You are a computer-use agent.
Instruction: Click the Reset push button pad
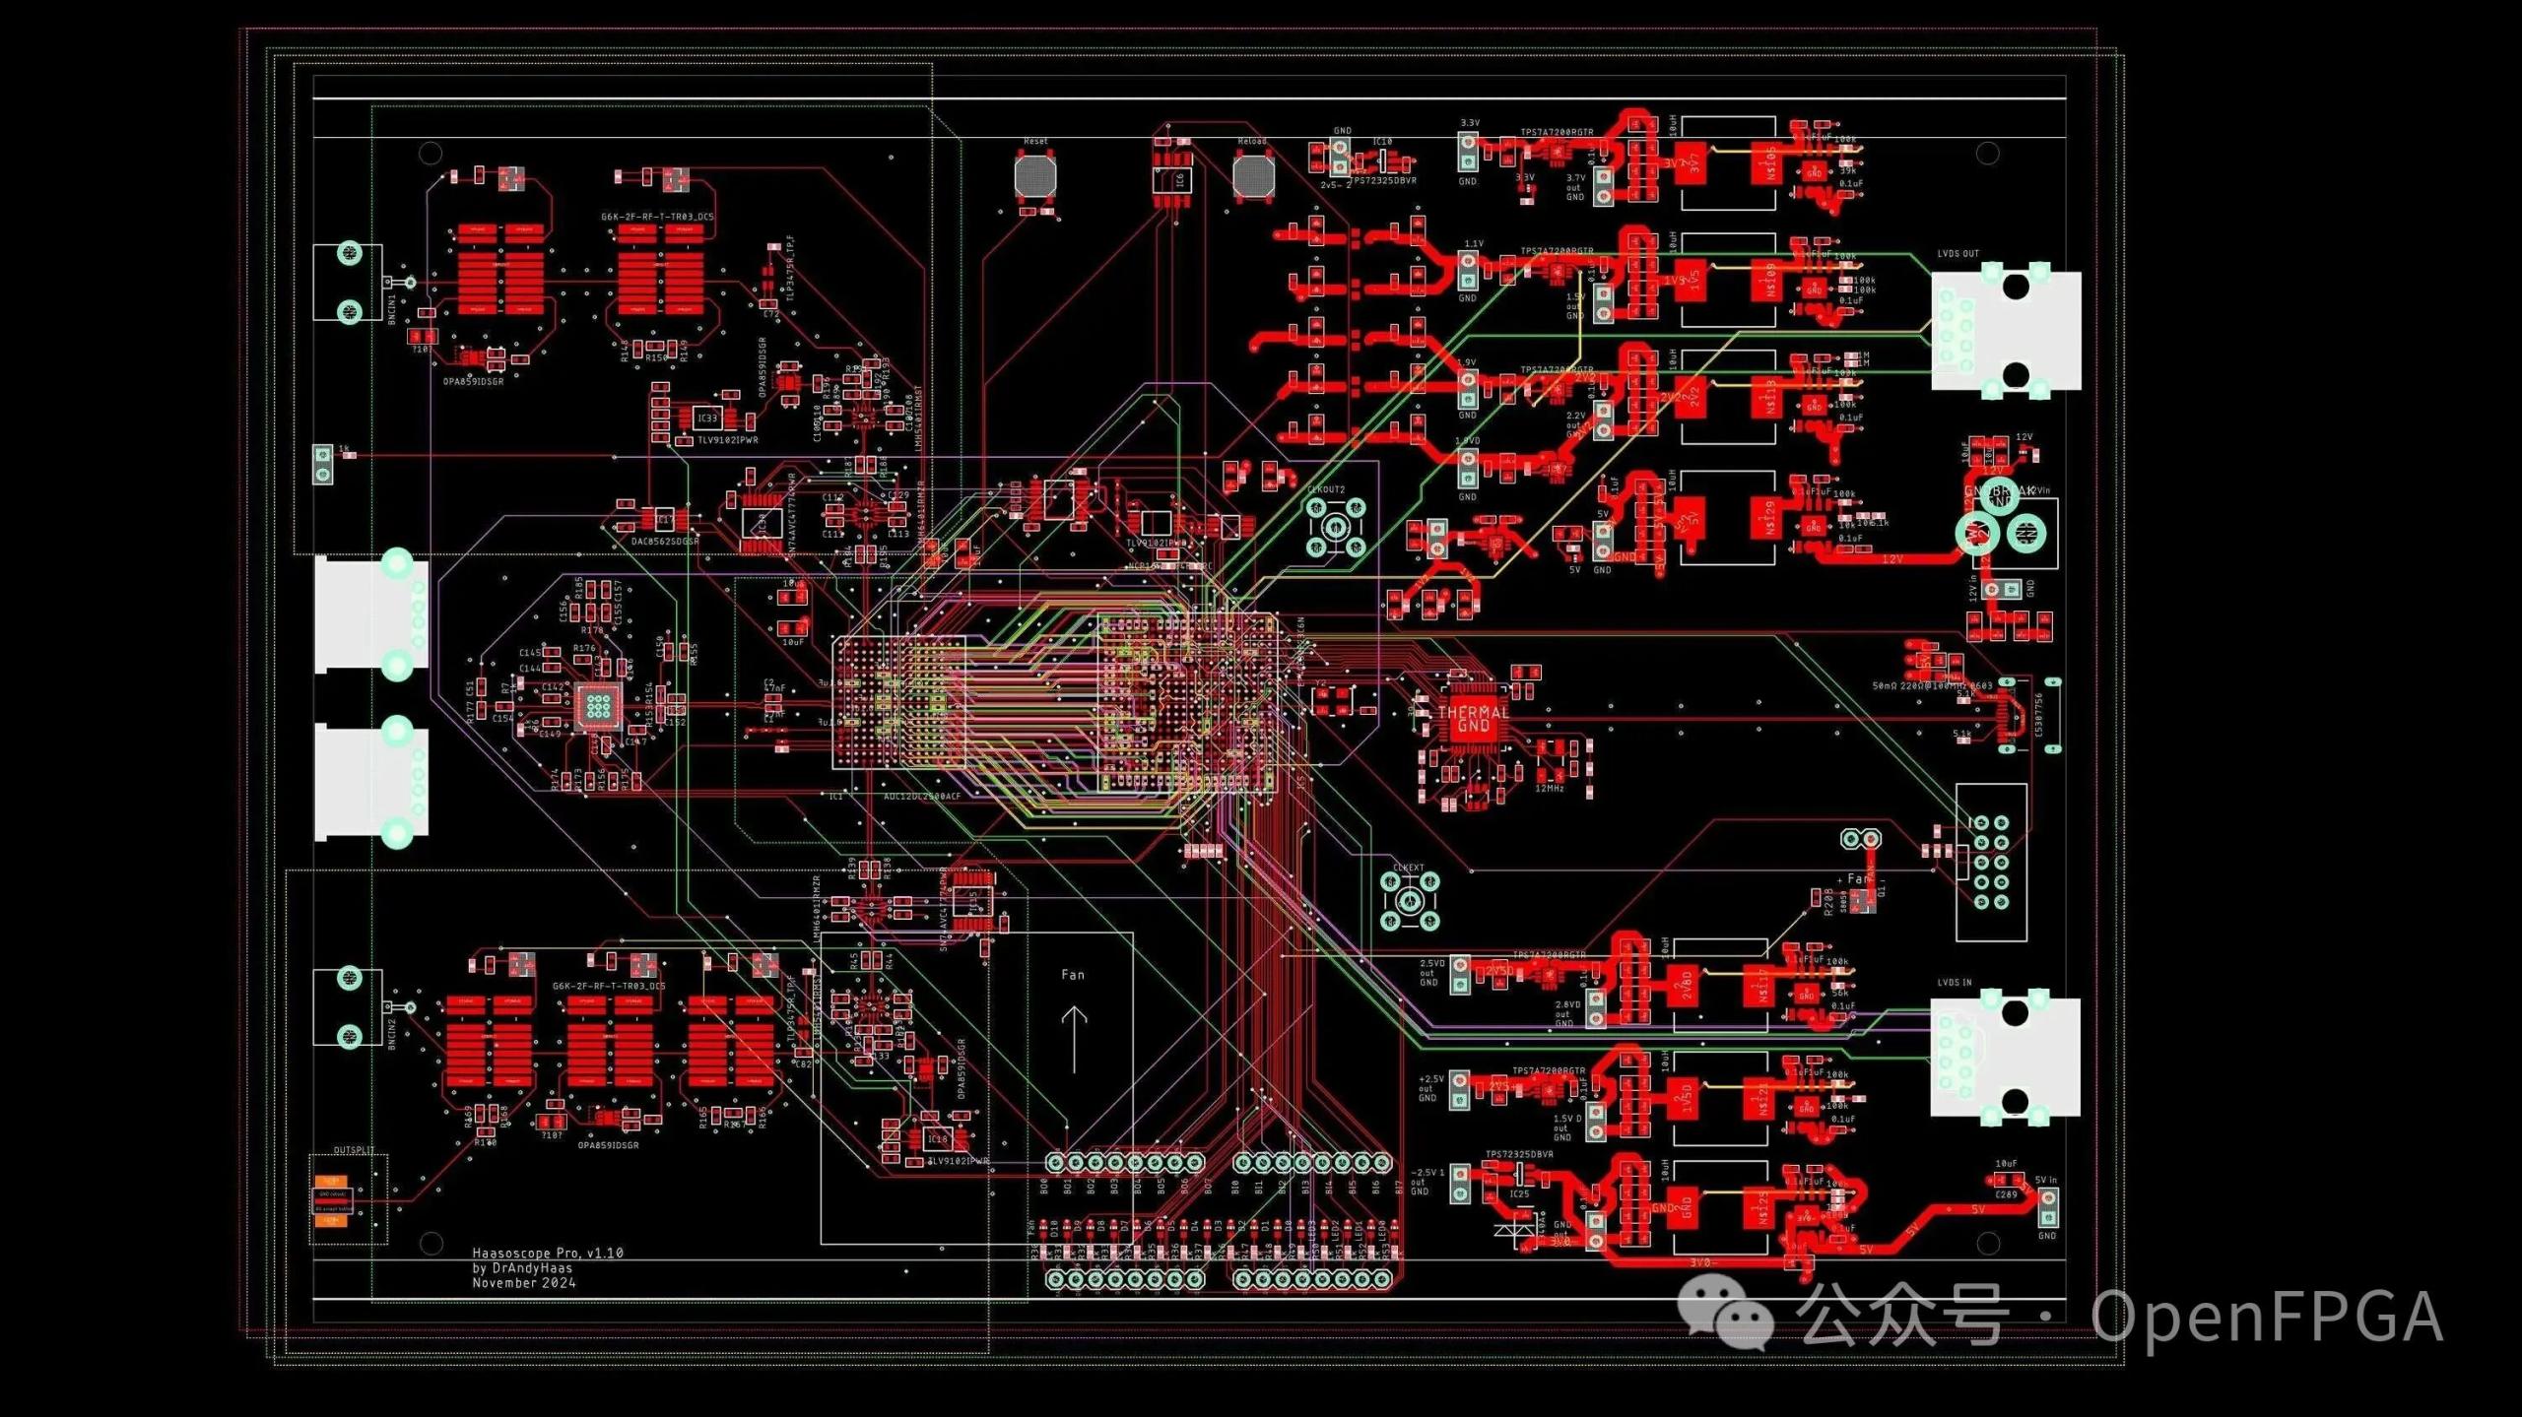pos(1034,175)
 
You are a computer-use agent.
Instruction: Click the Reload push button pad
pos(1253,176)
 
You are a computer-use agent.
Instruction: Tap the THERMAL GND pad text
pos(1473,719)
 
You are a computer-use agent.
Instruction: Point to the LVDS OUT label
pos(1958,254)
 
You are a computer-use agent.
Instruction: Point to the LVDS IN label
pos(1955,983)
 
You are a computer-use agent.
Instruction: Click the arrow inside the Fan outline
pos(1074,1039)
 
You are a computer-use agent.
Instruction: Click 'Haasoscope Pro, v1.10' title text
pos(548,1253)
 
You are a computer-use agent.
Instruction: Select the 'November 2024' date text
pos(523,1282)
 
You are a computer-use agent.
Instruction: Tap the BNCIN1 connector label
pos(392,308)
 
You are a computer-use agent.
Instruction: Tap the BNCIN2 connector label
pos(392,1034)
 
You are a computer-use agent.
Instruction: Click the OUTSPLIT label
pos(354,1149)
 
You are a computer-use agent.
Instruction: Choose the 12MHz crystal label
pos(1549,789)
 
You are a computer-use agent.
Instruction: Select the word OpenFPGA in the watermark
pos(2266,1317)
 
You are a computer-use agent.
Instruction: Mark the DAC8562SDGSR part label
pos(665,541)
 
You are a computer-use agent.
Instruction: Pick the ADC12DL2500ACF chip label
pos(921,796)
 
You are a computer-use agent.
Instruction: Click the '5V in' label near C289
pos(2046,1180)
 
